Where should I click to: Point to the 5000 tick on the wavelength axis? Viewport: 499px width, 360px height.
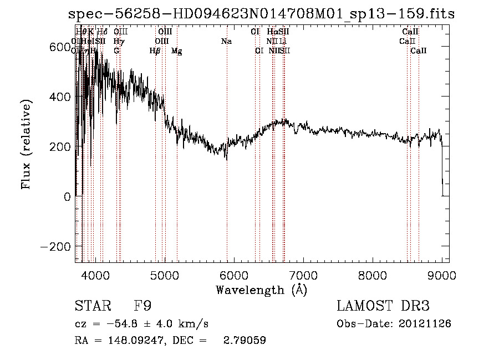[x=165, y=275]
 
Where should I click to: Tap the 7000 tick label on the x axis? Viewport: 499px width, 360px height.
[x=303, y=275]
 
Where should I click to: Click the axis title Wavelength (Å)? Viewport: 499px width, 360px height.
[x=261, y=290]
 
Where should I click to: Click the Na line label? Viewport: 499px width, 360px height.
[x=226, y=41]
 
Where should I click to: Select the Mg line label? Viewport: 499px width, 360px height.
[x=176, y=51]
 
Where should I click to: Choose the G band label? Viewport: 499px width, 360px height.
[x=116, y=50]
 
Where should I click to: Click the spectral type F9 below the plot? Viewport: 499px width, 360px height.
[x=142, y=306]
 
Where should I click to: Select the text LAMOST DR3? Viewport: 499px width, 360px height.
[x=383, y=306]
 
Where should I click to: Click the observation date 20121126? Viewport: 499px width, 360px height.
[x=425, y=323]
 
